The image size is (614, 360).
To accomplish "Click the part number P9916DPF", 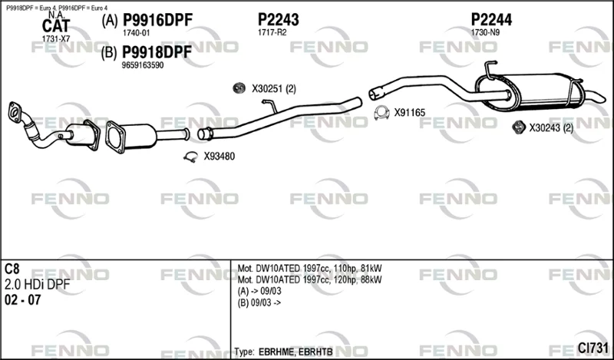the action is [x=157, y=20].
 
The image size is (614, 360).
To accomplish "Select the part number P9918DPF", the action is [x=157, y=52].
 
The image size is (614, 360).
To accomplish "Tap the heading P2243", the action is [x=279, y=20].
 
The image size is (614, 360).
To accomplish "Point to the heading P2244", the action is [x=491, y=20].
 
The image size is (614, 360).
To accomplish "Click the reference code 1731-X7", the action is [x=55, y=39].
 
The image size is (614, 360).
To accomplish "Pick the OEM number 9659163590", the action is [x=143, y=65].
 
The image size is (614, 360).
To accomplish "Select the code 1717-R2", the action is [x=272, y=32].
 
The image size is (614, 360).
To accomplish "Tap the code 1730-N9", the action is [x=485, y=32].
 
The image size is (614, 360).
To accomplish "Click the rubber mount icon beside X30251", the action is [x=239, y=88].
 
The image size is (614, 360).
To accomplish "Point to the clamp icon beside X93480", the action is [x=190, y=157].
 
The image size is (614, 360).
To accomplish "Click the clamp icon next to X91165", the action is [x=381, y=113].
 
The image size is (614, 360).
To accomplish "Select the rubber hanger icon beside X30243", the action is [x=519, y=127].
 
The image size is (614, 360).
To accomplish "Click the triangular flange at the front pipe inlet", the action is [x=15, y=111].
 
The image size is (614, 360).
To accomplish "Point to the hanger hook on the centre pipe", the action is [x=270, y=105].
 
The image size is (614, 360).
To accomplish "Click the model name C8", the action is [x=12, y=269].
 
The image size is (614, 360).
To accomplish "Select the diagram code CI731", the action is [x=593, y=348].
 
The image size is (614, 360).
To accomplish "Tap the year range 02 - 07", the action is [x=23, y=300].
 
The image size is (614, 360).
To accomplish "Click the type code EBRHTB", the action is [x=315, y=352].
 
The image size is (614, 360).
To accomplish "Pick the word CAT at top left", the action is [x=55, y=26].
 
